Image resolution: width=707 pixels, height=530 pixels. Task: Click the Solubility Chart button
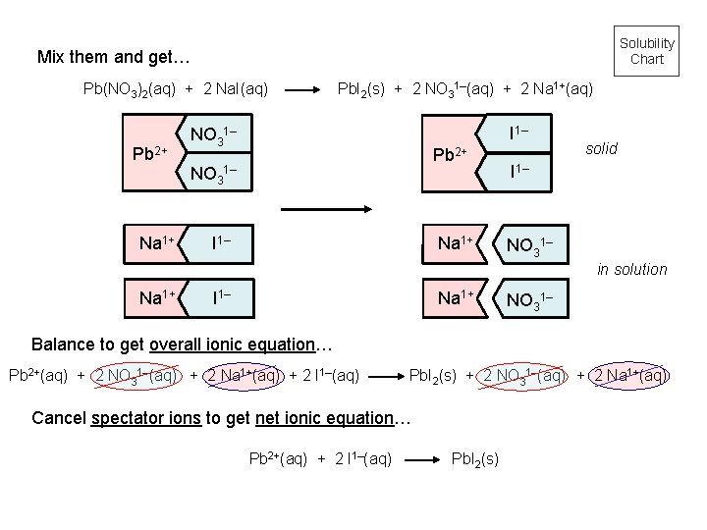646,50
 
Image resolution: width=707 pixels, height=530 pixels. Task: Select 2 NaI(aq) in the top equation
235,90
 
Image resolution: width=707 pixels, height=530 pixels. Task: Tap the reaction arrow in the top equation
301,90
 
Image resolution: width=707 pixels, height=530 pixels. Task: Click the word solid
601,148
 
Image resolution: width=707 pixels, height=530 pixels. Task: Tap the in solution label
632,269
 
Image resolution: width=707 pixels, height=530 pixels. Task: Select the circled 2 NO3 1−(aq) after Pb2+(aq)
136,374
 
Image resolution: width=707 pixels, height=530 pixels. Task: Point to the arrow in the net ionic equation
419,458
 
